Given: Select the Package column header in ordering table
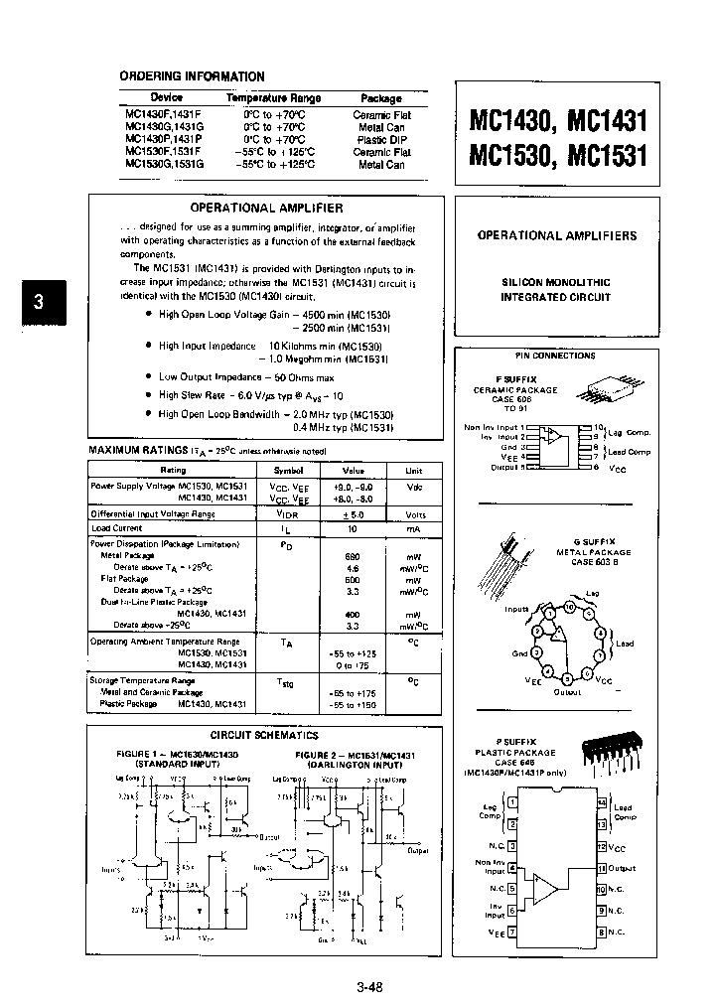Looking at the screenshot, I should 381,98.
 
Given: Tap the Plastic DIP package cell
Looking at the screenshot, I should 382,140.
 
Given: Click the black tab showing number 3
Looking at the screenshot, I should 39,304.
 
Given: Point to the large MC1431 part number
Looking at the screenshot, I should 606,122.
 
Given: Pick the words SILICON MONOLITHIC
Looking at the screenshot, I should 555,283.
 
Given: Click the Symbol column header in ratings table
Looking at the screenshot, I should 289,471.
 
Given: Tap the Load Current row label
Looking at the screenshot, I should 116,528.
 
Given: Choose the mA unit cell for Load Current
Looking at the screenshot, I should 414,528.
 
